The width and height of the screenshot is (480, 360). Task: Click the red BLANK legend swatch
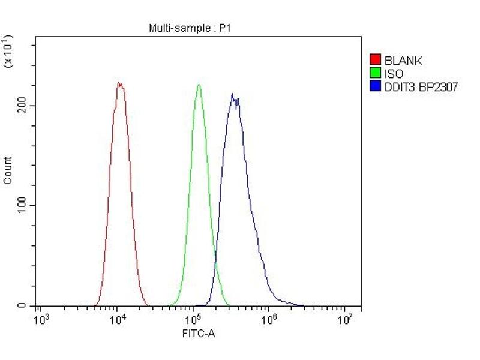[x=376, y=60]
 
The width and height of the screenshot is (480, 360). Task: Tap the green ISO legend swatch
[x=376, y=74]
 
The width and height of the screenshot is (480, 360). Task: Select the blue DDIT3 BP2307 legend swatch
[x=376, y=87]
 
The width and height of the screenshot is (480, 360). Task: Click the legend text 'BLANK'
[x=403, y=61]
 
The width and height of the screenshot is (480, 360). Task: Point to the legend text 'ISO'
[x=394, y=74]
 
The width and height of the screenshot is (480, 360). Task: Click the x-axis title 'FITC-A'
[x=198, y=334]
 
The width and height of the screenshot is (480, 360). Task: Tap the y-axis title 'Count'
[x=8, y=170]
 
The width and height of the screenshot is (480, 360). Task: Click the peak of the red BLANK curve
[x=119, y=83]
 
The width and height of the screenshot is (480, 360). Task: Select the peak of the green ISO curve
[x=199, y=85]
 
